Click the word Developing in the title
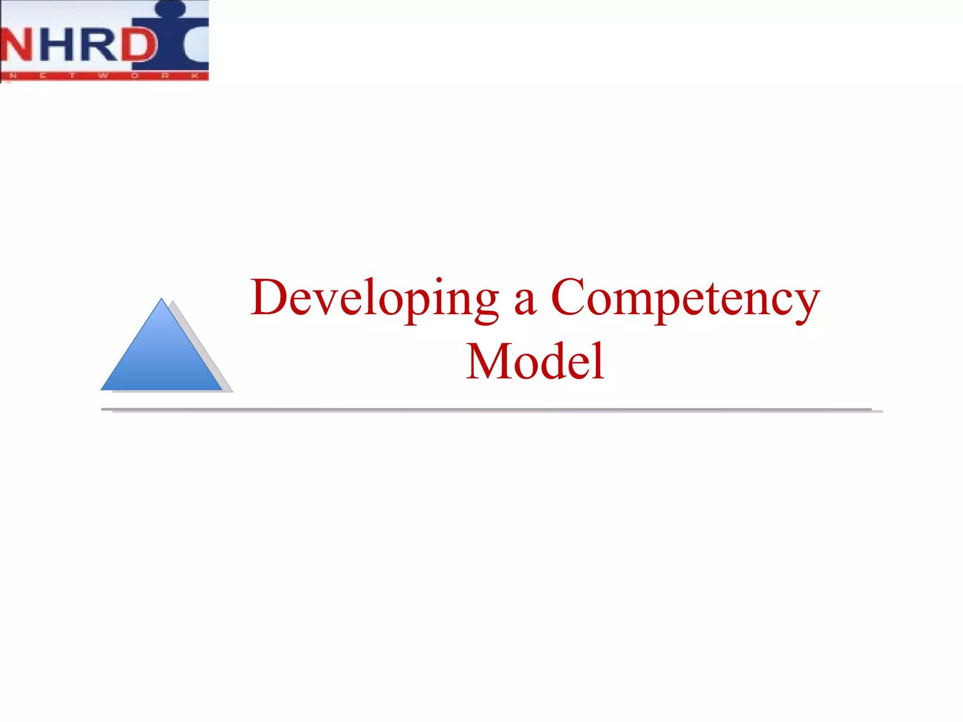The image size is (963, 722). coord(374,298)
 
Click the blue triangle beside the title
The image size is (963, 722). coord(161,357)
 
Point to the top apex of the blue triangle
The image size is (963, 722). coord(161,299)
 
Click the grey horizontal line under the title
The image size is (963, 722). coord(486,410)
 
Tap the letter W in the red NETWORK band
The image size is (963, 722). coord(103,76)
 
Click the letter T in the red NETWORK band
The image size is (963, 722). coord(72,76)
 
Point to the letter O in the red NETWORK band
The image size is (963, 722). coord(135,76)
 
